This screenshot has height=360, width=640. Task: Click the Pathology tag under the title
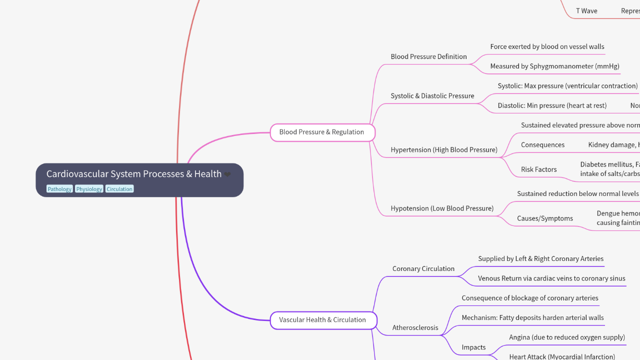59,189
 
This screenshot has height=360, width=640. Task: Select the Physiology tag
89,189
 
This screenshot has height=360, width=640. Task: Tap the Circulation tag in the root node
119,189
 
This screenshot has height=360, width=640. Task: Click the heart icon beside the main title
227,174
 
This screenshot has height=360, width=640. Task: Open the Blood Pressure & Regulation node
321,132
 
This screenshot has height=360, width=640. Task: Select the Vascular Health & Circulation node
322,320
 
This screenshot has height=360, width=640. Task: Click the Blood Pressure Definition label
428,56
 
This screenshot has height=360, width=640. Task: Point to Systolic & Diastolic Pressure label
432,96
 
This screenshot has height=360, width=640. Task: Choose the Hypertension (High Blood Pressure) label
444,149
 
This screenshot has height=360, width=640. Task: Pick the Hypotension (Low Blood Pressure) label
442,208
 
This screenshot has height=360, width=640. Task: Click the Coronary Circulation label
423,268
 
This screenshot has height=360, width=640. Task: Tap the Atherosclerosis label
415,328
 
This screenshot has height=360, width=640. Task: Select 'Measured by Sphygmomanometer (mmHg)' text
554,66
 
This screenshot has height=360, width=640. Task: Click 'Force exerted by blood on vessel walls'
547,46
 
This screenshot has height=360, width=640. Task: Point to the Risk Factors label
538,169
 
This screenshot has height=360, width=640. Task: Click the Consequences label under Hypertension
542,145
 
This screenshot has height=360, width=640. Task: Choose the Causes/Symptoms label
545,218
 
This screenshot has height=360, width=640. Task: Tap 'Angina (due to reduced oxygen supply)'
567,337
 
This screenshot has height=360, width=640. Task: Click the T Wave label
586,11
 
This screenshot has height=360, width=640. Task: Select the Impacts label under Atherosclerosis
473,347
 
